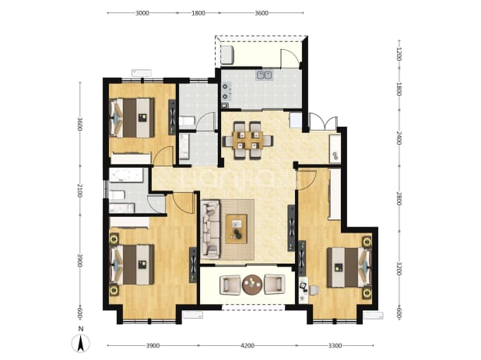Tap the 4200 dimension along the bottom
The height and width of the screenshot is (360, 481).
[248, 345]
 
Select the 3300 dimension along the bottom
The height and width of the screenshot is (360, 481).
[335, 345]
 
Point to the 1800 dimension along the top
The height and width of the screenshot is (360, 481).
[198, 13]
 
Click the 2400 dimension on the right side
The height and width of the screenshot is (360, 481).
[398, 138]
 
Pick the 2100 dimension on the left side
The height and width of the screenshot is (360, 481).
[79, 190]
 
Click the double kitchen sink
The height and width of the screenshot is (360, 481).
[264, 75]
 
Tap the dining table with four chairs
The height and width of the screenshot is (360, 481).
[248, 140]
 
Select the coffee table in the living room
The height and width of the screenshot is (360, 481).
[236, 229]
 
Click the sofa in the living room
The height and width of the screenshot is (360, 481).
[210, 228]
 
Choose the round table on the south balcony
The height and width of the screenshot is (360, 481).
[252, 285]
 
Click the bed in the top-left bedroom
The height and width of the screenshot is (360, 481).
[132, 118]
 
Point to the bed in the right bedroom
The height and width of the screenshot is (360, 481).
[349, 267]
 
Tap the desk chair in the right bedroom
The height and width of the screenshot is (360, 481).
[314, 290]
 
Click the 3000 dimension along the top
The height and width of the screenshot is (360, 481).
[142, 13]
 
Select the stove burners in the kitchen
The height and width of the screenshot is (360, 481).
[226, 92]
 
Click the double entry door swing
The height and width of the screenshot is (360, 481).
[323, 121]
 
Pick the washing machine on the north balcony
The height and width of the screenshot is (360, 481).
[227, 54]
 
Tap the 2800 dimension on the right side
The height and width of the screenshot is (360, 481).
[398, 198]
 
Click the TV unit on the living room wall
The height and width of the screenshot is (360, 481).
[291, 228]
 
